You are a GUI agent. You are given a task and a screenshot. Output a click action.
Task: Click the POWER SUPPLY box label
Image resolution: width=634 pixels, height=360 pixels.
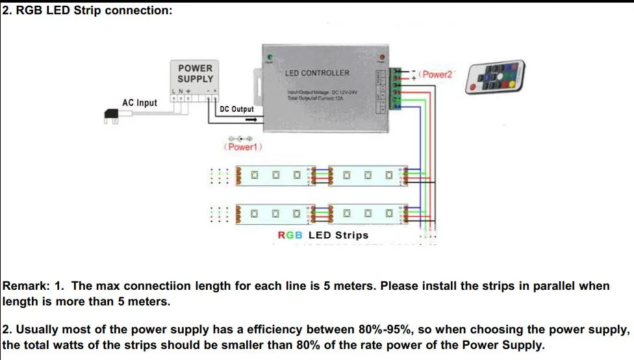195,73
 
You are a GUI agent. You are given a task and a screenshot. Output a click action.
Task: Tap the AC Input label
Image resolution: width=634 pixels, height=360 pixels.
140,103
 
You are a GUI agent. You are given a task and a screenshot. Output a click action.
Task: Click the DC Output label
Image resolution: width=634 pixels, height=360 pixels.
237,109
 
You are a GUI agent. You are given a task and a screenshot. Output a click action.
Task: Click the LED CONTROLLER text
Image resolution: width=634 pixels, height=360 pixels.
317,73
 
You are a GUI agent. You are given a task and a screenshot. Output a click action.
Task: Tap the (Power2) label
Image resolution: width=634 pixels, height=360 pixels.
436,75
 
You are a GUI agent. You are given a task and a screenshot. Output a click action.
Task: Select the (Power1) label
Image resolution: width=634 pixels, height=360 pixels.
242,148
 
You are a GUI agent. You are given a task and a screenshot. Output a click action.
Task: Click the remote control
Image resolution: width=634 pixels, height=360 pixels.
495,77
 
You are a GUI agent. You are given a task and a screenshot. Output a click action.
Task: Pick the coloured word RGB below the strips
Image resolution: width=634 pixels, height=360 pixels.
290,235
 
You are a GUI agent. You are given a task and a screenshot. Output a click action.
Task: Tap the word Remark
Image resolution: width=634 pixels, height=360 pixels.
25,286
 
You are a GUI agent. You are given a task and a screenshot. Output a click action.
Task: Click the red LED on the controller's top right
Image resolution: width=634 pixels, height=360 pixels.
381,57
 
